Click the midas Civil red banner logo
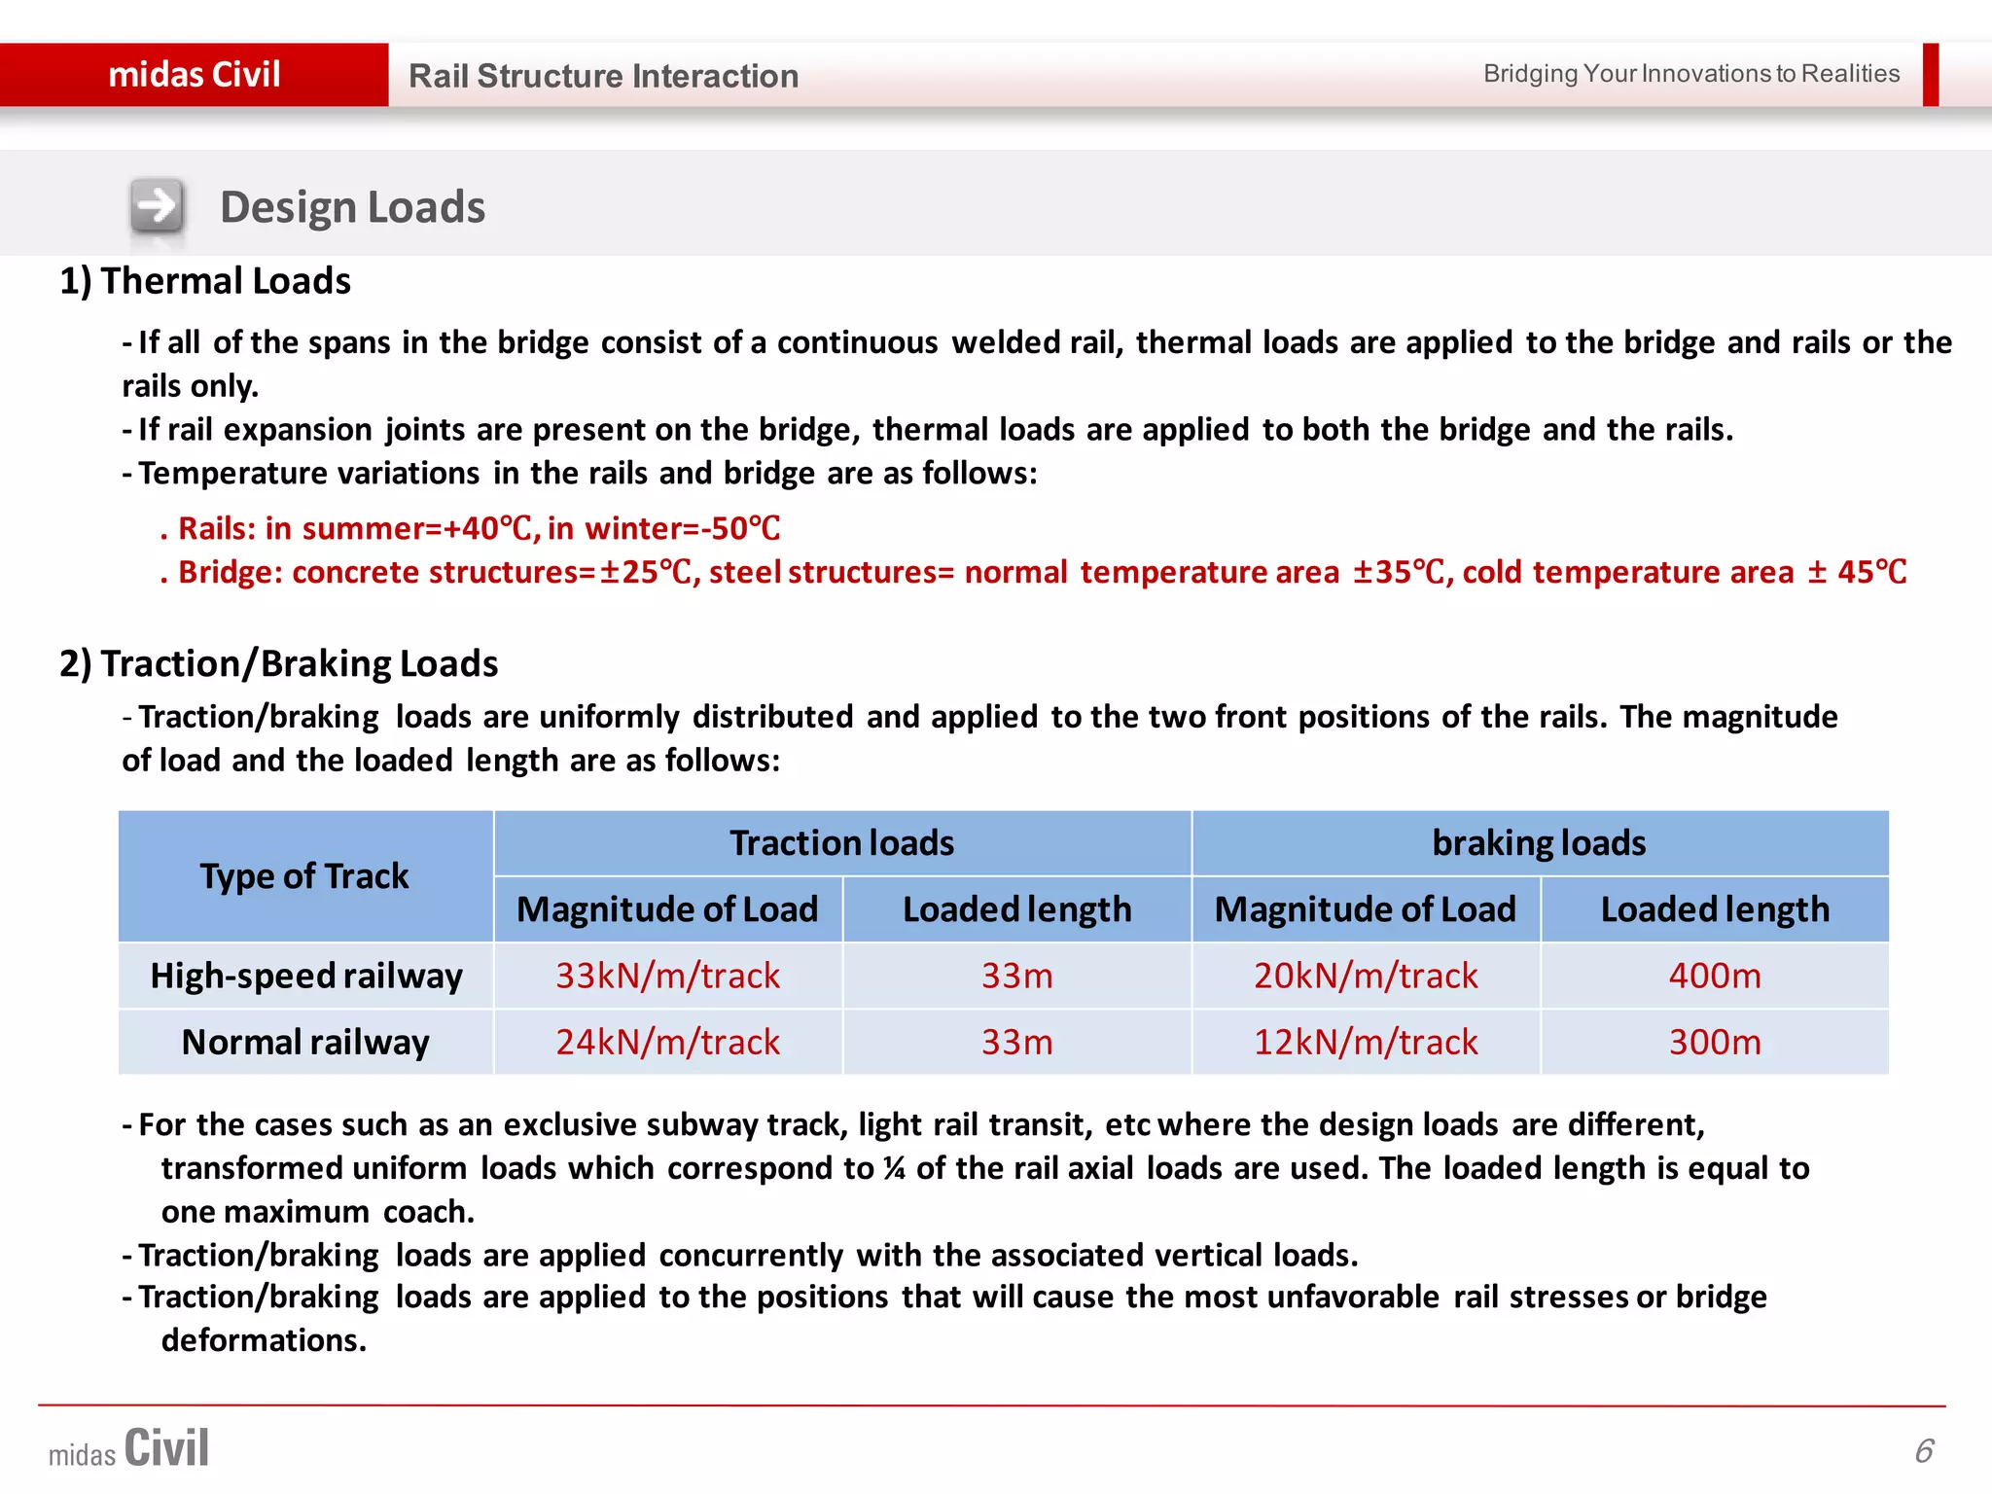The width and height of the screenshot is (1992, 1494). click(194, 75)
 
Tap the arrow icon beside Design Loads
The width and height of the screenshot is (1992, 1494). click(157, 206)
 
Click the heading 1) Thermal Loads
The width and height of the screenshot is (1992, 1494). click(205, 281)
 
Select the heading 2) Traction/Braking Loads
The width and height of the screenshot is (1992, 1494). click(278, 663)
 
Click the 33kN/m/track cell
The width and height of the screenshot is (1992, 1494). click(667, 976)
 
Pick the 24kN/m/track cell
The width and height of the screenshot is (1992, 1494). click(667, 1043)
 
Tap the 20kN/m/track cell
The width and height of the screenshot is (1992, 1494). click(1366, 976)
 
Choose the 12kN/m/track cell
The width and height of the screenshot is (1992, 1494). click(1366, 1043)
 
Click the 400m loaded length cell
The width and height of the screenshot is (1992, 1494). click(1715, 976)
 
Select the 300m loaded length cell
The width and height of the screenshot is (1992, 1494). click(1715, 1043)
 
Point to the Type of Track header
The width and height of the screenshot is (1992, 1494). click(304, 876)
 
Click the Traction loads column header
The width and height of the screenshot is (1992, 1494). click(842, 843)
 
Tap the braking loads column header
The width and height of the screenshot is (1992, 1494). click(1539, 843)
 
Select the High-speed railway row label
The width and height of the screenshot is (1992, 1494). click(306, 976)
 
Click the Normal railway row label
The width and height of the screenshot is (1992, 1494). click(305, 1043)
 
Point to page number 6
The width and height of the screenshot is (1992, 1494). click(1924, 1451)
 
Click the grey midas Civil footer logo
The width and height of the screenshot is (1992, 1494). click(129, 1449)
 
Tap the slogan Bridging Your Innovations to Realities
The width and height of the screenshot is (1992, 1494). click(1690, 74)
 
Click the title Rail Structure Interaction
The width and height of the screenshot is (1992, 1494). click(603, 76)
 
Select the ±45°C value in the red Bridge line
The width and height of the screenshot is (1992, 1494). click(1858, 572)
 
